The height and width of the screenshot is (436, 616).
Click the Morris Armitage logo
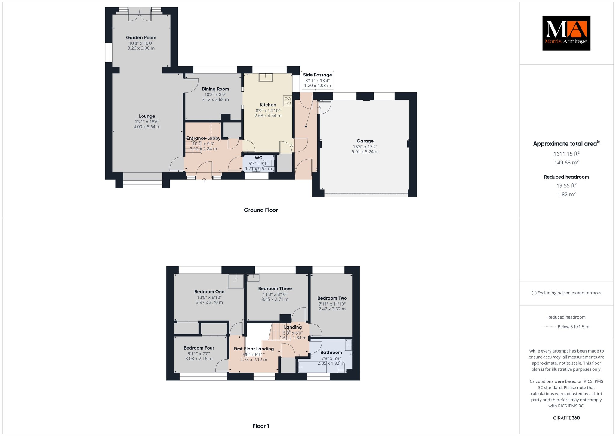coord(566,33)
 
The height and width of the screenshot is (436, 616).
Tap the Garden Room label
coord(141,38)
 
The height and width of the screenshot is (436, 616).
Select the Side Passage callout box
coord(317,80)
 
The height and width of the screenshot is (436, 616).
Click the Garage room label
coord(365,141)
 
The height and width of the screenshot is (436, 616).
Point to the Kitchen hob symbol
coord(288,101)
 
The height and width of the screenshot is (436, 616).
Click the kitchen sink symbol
coord(265,77)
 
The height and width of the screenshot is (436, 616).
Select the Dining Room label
coord(215,89)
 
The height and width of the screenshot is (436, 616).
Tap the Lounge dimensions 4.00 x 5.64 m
coord(147,127)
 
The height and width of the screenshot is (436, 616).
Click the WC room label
coord(258,158)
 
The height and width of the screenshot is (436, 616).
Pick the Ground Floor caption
coord(261,210)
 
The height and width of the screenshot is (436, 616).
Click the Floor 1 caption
coord(261,426)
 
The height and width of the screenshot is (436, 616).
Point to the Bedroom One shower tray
coord(236,281)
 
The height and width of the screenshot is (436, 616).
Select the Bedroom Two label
coord(332,298)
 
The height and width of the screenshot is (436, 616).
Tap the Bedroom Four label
coord(199,348)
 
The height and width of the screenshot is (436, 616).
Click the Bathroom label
coord(331,352)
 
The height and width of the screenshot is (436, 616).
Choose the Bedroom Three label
coord(275,288)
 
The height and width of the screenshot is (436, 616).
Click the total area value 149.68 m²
coord(566,162)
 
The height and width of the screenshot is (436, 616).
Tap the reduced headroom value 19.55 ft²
coord(566,185)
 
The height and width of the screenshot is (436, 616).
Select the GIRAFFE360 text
coord(566,418)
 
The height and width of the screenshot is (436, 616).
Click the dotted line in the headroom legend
coord(549,327)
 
